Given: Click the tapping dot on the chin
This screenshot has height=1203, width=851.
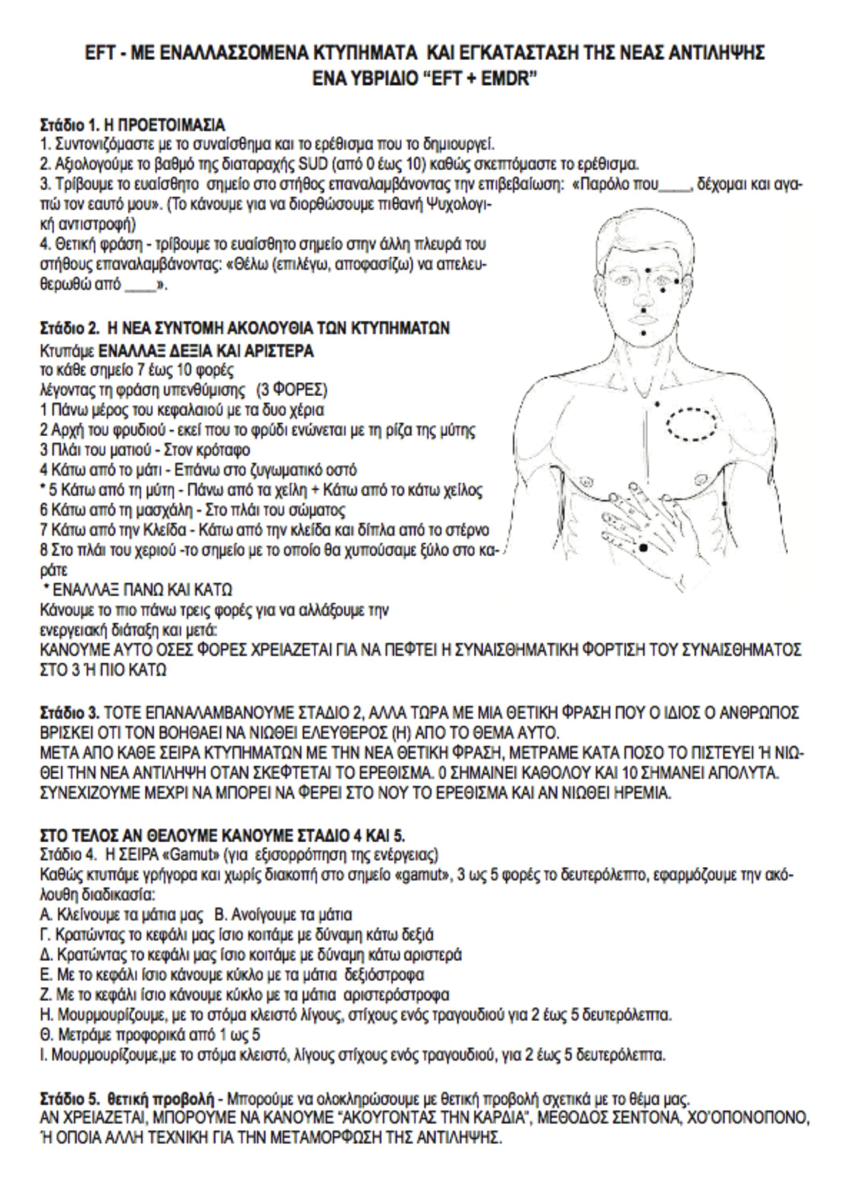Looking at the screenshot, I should (x=643, y=332).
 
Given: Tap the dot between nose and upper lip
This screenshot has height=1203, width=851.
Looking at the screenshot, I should (x=643, y=309).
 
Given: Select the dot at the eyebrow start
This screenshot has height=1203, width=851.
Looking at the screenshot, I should (x=649, y=270).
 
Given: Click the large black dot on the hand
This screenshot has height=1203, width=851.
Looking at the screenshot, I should (x=643, y=548).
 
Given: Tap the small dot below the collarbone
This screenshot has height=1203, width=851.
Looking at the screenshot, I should (x=657, y=404).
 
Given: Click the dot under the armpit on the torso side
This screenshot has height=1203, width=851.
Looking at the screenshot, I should (x=724, y=504).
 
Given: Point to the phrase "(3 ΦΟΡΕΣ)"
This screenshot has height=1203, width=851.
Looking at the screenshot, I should (x=298, y=391).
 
